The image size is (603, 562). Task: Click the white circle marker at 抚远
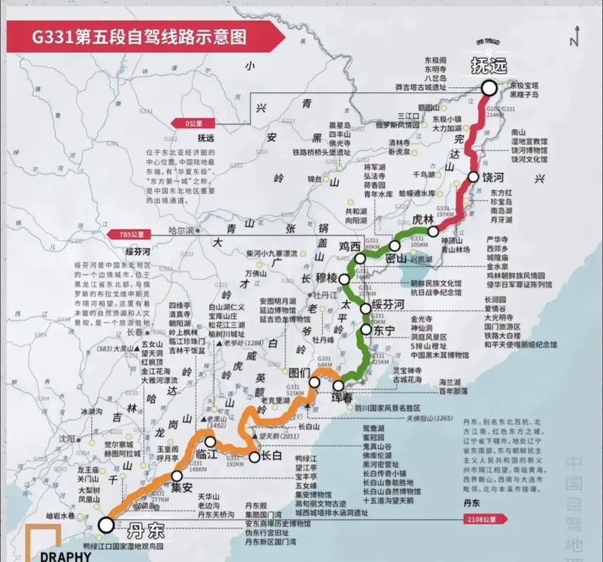(x=489, y=88)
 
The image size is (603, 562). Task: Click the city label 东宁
(x=385, y=329)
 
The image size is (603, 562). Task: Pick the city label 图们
(x=300, y=372)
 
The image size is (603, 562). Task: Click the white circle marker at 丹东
(x=106, y=524)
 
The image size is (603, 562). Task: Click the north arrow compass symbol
(x=574, y=35)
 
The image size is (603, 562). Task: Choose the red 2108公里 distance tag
(x=484, y=520)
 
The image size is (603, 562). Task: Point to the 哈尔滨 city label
(x=181, y=230)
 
